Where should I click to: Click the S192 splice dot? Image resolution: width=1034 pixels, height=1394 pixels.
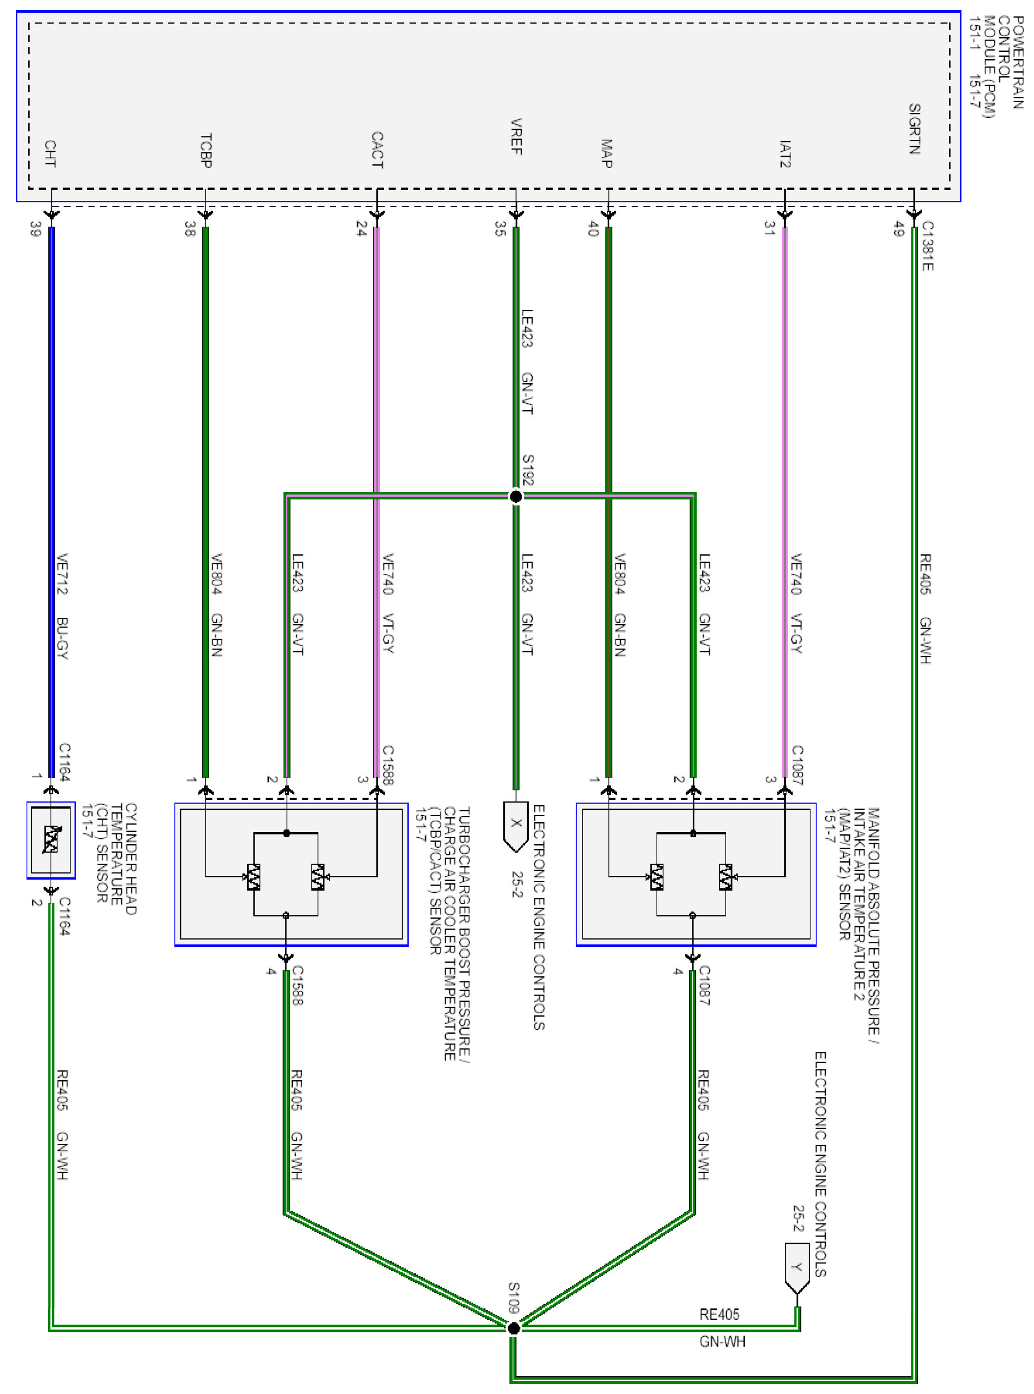(x=516, y=497)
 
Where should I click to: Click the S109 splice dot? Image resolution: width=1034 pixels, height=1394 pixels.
(x=513, y=1328)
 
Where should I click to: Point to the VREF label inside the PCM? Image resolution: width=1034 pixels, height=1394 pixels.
(x=516, y=136)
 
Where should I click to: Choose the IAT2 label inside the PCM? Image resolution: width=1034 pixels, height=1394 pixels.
(x=785, y=154)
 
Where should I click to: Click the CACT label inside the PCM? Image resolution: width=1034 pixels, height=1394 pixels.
(x=377, y=150)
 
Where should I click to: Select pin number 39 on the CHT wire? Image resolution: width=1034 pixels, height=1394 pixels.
(x=36, y=229)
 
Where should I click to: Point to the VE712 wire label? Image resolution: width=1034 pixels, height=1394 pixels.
(x=62, y=573)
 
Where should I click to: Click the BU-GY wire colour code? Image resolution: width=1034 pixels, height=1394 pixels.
(x=62, y=638)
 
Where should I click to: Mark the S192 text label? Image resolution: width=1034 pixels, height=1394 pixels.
(x=528, y=469)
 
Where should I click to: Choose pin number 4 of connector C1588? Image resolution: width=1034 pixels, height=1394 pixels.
(x=271, y=972)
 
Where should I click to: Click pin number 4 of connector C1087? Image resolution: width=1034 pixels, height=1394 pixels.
(x=678, y=972)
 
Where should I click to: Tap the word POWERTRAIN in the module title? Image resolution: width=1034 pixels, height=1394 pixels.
(x=1018, y=63)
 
